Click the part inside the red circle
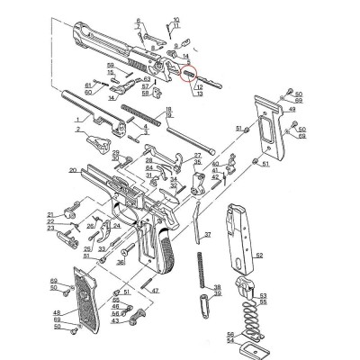189,75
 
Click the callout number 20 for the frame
72,169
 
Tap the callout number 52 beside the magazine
258,256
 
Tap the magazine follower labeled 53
244,290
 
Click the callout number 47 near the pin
156,291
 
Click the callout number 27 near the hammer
196,156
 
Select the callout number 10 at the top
175,18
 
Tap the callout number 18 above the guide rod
168,109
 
